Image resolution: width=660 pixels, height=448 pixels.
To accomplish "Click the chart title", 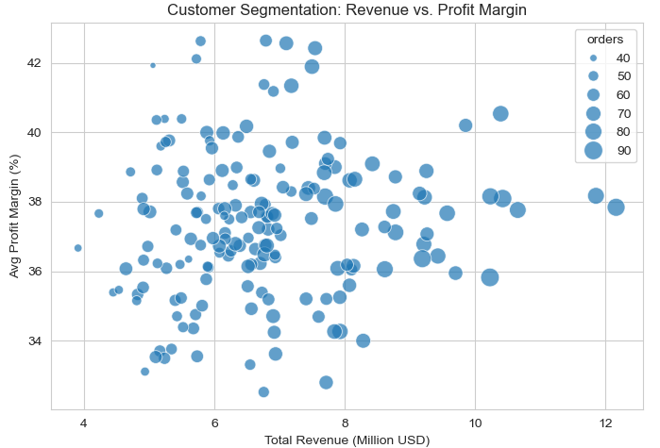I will pos(347,10).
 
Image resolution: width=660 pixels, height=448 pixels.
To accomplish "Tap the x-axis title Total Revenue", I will pos(347,440).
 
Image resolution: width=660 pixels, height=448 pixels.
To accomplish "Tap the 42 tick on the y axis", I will pos(34,63).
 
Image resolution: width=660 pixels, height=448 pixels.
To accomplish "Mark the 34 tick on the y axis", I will pos(34,340).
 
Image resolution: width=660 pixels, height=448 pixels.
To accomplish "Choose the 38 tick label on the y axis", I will pos(34,202).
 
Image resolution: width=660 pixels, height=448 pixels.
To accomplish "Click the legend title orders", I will pos(604,40).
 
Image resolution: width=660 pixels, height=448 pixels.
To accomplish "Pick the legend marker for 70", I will pos(593,113).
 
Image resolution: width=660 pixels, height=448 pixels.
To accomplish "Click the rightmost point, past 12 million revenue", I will pos(616,207).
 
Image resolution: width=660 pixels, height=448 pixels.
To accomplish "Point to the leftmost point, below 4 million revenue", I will pos(77,248).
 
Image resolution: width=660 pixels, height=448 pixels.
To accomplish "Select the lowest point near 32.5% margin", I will pos(263,391).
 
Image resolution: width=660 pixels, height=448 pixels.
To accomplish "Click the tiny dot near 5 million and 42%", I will pos(153,65).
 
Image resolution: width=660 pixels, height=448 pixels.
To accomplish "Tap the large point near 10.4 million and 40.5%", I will pos(500,113).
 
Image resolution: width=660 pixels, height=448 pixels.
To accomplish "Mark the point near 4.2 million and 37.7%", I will pos(98,213).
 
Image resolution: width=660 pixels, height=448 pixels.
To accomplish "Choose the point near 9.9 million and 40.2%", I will pos(465,124).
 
